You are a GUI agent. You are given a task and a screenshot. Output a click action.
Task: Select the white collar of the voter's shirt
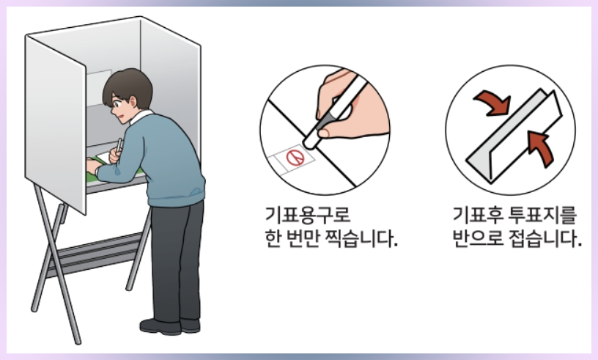tap(144, 117)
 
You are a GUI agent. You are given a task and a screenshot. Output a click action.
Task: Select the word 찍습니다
tap(358, 240)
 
